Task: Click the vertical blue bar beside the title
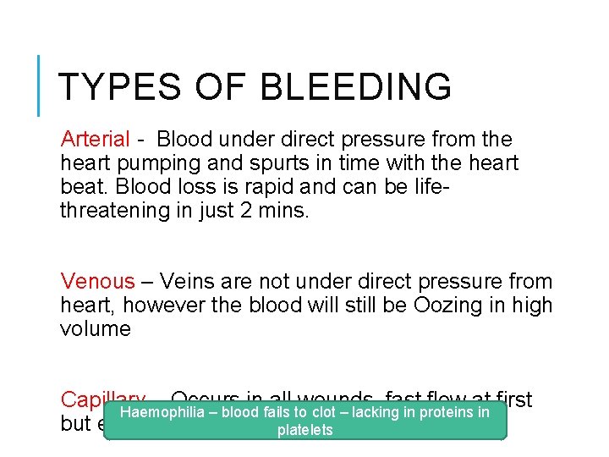(x=39, y=85)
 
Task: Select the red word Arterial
(x=95, y=139)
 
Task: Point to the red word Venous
(x=97, y=282)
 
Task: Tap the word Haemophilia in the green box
(x=160, y=412)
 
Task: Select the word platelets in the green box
(x=305, y=431)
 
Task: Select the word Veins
(x=187, y=282)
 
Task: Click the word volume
(x=95, y=329)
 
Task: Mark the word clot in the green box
(x=324, y=412)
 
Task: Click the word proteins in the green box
(x=446, y=412)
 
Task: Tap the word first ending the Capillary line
(x=514, y=399)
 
